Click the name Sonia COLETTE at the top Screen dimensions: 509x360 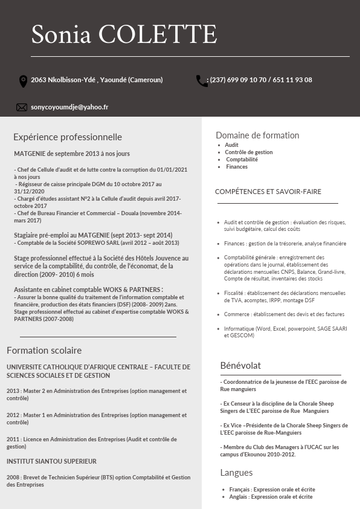(124, 34)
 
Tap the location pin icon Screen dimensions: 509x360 (24, 81)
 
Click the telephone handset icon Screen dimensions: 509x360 (201, 81)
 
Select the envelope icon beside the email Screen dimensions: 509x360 (22, 108)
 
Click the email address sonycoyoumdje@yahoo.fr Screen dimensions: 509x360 (69, 107)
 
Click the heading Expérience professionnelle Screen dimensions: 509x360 (68, 137)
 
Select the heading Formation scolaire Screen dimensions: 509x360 (44, 351)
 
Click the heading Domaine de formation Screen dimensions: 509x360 (257, 135)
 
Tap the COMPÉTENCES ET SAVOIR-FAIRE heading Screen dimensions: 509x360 (268, 192)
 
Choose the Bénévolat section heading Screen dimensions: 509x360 (240, 365)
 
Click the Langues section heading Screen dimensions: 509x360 (236, 473)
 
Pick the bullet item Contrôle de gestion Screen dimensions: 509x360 (249, 152)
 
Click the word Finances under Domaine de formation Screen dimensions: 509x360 (237, 167)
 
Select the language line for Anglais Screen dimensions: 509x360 (271, 497)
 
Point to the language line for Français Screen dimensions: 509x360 (272, 490)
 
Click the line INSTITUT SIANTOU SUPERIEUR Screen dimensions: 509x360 (52, 461)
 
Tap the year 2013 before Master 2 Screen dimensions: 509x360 (13, 391)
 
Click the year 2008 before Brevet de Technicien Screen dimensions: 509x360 (13, 478)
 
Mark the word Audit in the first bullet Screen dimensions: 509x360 (232, 145)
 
